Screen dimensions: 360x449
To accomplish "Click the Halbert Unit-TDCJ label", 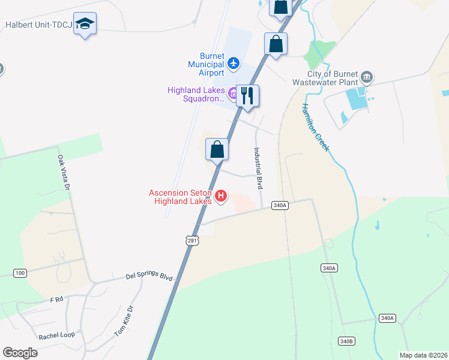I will (38, 25).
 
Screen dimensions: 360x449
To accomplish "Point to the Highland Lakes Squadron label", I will (196, 95).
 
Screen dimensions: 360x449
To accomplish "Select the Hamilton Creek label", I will (316, 127).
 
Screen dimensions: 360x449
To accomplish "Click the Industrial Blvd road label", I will (259, 169).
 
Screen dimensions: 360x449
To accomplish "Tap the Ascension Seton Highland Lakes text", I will (181, 197).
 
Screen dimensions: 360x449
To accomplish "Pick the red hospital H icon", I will (221, 196).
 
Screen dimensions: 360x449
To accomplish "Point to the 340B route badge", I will (346, 341).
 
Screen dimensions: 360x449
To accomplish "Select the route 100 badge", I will (20, 273).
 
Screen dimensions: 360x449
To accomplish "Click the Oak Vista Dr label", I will (63, 173).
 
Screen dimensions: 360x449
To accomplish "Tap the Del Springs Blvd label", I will (149, 277).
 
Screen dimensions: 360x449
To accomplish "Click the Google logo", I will (20, 353).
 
